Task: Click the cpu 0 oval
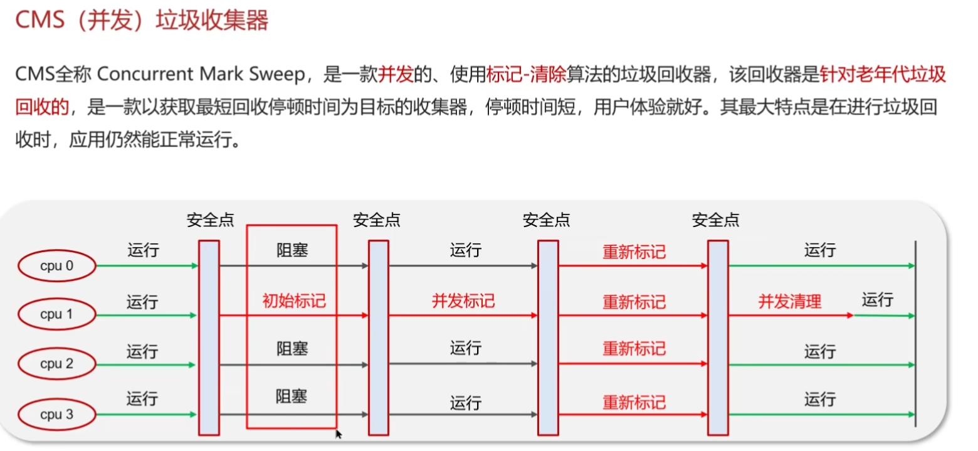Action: point(56,266)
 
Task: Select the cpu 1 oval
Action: point(56,314)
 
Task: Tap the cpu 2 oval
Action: point(56,364)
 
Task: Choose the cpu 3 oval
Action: point(56,415)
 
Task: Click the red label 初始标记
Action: point(293,301)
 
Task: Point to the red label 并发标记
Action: point(463,301)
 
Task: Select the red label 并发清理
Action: point(789,302)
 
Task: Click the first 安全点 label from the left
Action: point(210,220)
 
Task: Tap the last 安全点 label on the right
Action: point(715,220)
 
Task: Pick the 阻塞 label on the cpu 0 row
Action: point(292,251)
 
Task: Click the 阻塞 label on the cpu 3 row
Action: point(292,396)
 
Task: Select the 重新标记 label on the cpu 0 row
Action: point(634,252)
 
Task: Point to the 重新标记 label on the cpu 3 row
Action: point(634,401)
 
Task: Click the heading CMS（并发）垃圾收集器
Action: point(142,21)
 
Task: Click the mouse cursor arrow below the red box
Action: point(339,434)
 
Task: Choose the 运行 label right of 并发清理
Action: point(877,300)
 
